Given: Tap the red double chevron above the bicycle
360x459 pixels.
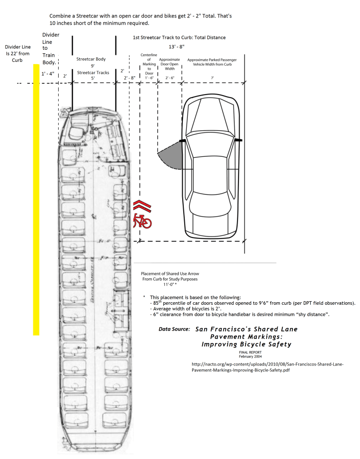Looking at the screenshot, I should click(142, 206).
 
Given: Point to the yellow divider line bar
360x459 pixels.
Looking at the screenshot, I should click(36, 199).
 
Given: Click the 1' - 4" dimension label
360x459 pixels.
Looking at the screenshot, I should click(49, 74).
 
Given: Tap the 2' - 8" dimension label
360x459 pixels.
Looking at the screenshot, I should click(129, 78).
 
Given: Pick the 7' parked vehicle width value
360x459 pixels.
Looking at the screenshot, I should click(213, 78).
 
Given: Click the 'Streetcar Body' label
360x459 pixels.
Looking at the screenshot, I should click(91, 59).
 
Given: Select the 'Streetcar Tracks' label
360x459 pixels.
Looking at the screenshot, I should click(93, 73).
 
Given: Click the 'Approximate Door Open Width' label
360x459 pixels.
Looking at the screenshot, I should click(169, 64).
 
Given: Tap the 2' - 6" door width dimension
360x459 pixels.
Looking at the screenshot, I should click(169, 78).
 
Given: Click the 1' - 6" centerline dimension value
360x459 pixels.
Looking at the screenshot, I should click(149, 78).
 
